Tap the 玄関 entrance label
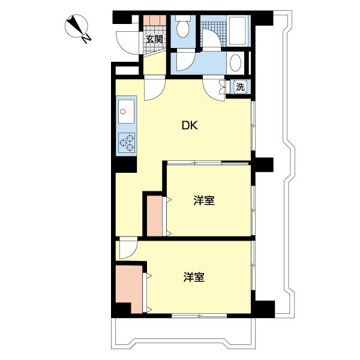point(154,40)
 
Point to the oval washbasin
point(236,62)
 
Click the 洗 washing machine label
point(240,86)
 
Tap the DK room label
point(190,126)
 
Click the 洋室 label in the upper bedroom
point(204,200)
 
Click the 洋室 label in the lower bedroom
point(194,277)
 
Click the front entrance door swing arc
point(126,42)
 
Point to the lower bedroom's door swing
point(127,247)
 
